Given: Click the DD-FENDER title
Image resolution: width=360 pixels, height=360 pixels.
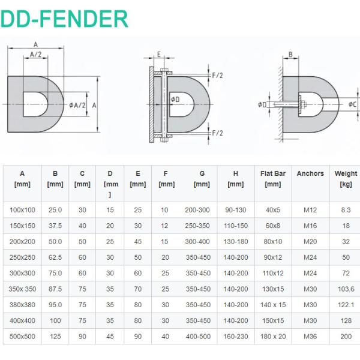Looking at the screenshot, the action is [64, 19].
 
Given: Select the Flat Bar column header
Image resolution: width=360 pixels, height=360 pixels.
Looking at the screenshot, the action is [273, 179].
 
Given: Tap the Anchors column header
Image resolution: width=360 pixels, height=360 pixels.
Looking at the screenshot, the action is [310, 173].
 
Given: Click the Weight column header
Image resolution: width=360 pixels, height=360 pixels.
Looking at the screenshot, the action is [346, 179].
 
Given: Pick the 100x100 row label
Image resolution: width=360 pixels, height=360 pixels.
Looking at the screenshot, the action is [22, 210].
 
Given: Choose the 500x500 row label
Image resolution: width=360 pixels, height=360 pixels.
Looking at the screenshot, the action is [22, 337].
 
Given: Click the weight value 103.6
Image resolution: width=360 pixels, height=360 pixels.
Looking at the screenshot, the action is [346, 289].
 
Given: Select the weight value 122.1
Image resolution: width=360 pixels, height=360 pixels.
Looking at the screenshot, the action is [346, 305].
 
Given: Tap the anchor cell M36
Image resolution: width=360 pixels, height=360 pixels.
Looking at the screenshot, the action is [310, 337].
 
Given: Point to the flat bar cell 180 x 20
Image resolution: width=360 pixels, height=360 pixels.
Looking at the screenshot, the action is [273, 337].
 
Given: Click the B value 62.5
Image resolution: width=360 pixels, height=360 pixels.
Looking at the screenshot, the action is [55, 257].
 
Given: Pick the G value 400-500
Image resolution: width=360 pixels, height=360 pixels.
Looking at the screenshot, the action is [198, 337].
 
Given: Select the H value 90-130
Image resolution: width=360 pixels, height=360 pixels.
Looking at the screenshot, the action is [236, 210].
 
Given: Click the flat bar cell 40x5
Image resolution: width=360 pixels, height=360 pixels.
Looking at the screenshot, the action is [273, 210].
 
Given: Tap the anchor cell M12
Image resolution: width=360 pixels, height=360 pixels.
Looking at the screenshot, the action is [310, 210].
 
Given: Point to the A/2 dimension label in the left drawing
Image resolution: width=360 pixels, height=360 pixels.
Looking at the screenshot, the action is [36, 54].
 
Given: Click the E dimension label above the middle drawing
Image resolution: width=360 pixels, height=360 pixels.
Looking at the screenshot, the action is [158, 55].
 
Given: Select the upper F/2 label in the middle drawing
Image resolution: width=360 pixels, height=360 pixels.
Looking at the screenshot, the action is [217, 76].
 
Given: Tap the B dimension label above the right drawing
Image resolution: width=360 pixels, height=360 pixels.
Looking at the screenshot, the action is [290, 55].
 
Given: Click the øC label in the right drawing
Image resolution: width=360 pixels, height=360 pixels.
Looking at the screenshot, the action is [352, 104].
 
